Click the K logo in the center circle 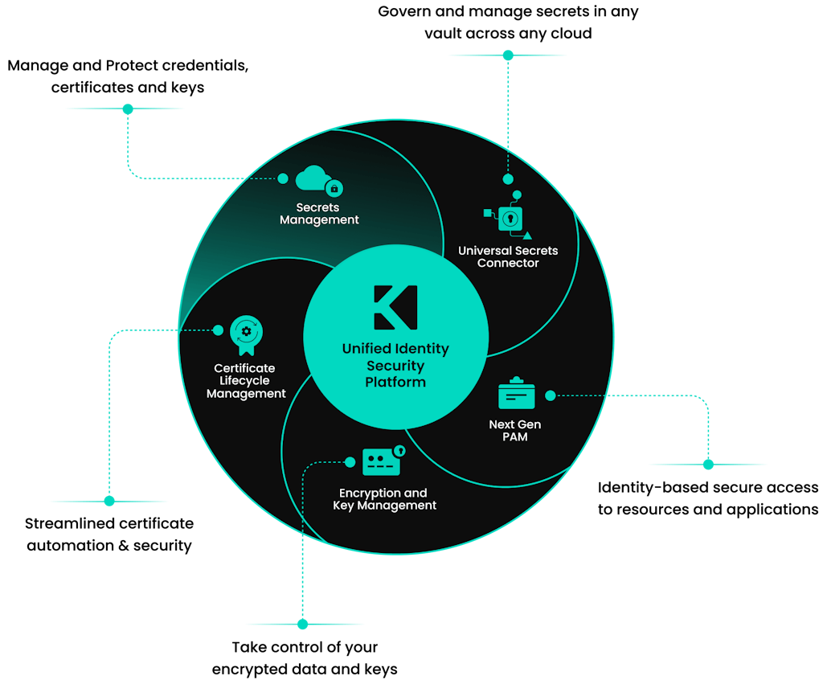[x=395, y=306]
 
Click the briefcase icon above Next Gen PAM [x=517, y=394]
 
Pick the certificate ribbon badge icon [x=246, y=334]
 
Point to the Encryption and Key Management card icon [x=382, y=461]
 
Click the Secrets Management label [x=319, y=214]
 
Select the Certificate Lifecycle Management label [x=246, y=381]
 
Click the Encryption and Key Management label [x=384, y=499]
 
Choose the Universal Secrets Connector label [x=508, y=256]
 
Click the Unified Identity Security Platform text [x=395, y=365]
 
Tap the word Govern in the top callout [x=407, y=13]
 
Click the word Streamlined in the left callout [x=71, y=523]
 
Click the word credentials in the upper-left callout [x=207, y=65]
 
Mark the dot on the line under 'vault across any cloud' [x=508, y=55]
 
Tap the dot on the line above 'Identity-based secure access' [x=708, y=464]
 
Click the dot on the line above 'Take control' [x=303, y=624]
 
